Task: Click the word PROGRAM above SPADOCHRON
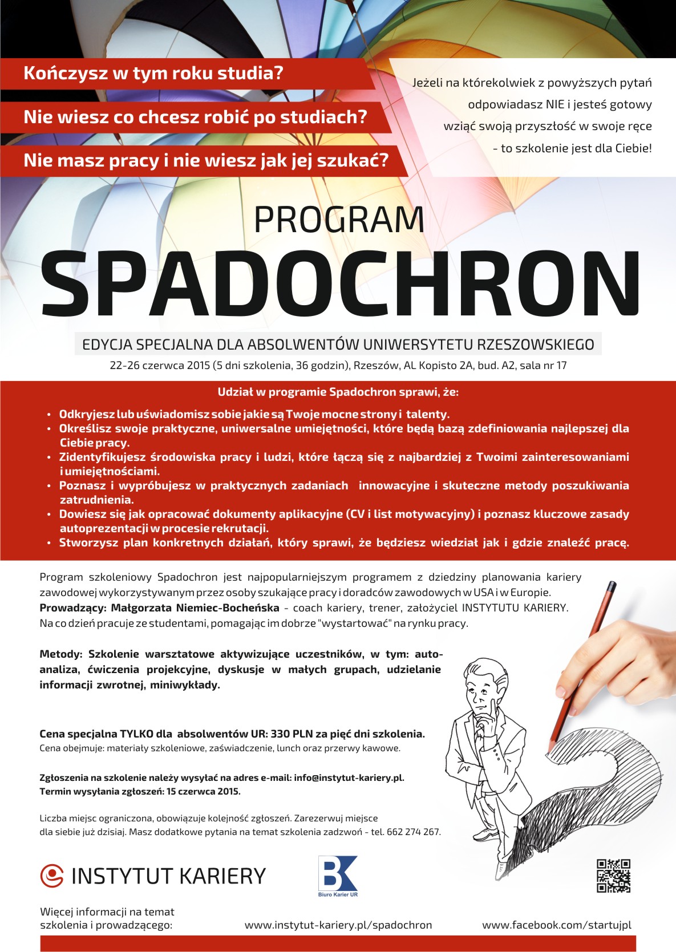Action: point(339,220)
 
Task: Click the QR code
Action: point(613,876)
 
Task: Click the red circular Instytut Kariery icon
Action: point(52,876)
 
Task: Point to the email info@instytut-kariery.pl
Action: point(349,777)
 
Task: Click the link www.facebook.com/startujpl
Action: point(557,925)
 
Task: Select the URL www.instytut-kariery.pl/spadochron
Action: point(338,925)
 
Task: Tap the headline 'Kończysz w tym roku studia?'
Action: point(153,74)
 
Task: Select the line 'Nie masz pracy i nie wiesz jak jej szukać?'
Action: point(206,161)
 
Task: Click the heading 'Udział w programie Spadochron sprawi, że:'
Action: point(338,392)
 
